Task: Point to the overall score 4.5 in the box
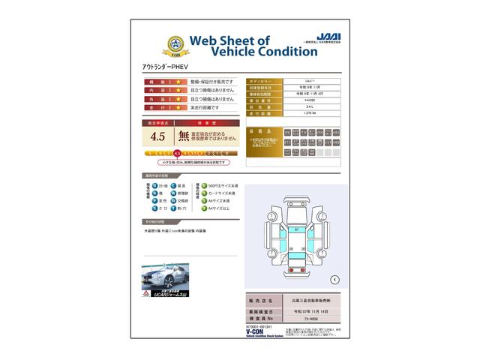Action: [157, 136]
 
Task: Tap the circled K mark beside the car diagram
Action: [334, 279]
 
